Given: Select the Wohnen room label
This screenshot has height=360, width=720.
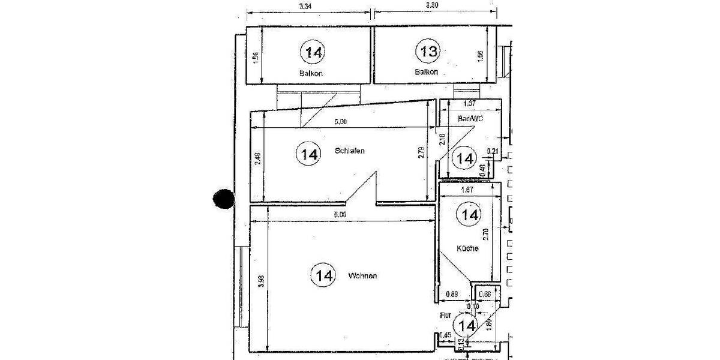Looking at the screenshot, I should point(362,276).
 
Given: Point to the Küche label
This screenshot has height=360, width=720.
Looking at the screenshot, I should point(467,248).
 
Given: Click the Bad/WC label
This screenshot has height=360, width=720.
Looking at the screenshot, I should point(470,119).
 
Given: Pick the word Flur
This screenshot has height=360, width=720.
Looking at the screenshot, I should point(445,314).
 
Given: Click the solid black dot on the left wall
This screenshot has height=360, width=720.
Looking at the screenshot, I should point(223,199).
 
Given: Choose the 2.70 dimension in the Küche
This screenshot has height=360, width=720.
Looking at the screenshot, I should point(485,233).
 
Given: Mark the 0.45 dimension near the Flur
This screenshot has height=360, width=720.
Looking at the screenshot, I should point(445,335).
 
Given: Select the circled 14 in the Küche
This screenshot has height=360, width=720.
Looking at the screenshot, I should point(469,214).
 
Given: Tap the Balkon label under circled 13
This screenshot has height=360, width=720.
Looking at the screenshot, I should point(426,72).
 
